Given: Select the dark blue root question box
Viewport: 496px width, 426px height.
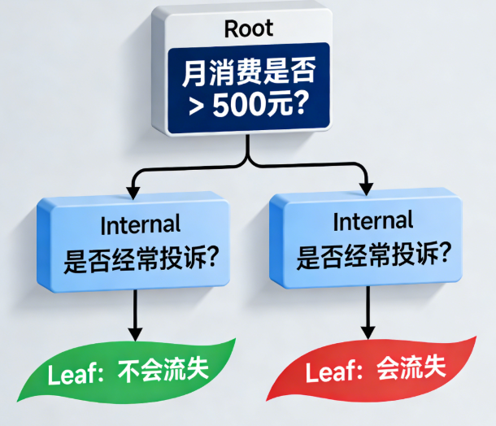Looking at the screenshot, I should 248,89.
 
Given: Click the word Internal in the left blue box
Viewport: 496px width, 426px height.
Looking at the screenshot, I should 140,224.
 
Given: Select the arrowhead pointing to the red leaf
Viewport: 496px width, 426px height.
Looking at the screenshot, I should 366,332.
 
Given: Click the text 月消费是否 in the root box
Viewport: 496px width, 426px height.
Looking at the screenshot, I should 248,75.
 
